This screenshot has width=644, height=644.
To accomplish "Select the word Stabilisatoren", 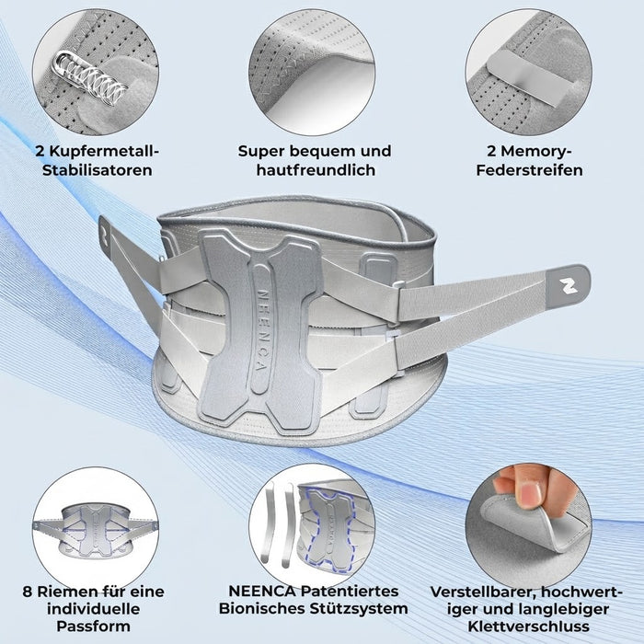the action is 98,170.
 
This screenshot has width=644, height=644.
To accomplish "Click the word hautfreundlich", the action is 316,170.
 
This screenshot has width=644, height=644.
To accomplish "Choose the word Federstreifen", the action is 529,170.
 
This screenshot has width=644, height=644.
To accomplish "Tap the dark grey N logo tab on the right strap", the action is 568,286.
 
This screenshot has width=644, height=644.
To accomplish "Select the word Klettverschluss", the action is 529,627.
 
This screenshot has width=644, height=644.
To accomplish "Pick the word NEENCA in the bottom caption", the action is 261,592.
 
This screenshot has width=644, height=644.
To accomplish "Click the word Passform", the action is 93,627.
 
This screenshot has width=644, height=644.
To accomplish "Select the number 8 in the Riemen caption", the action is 28,592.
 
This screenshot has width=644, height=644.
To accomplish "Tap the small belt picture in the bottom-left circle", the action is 95,531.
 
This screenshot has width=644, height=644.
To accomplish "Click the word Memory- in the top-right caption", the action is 529,151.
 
